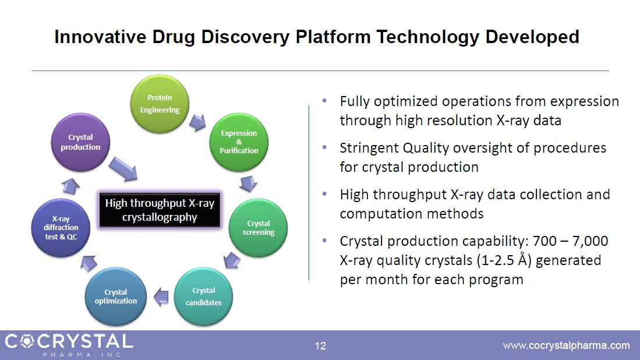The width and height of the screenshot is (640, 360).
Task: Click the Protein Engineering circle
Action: tap(160, 104)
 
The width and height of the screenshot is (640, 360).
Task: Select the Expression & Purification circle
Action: tap(239, 142)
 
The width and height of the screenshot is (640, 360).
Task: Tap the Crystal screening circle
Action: tap(258, 228)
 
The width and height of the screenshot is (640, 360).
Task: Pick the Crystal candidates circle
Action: tap(203, 297)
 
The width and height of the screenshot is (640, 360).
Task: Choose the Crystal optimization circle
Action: tap(115, 297)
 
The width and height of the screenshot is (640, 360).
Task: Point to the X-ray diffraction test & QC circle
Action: tap(61, 228)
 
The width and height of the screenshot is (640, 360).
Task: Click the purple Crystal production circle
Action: tap(80, 142)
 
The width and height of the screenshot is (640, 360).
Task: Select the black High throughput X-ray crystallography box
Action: tap(160, 210)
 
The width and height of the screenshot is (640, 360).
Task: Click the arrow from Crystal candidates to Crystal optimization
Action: tap(161, 297)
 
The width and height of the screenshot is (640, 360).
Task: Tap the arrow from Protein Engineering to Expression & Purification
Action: tap(197, 122)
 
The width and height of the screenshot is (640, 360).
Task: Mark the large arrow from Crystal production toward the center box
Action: tap(123, 169)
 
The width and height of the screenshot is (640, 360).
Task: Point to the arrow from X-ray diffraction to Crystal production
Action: tap(70, 186)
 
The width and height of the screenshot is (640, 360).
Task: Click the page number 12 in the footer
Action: tap(320, 346)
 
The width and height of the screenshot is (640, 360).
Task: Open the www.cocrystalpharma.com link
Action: tap(567, 345)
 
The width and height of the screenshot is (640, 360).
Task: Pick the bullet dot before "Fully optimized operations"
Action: tap(324, 100)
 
